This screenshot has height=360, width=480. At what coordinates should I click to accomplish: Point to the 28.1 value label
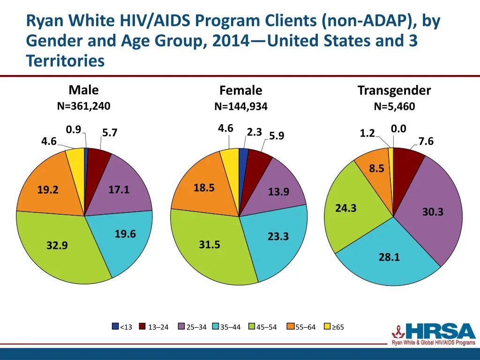coord(390,257)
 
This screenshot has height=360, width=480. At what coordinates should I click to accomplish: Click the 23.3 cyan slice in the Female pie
coord(277,244)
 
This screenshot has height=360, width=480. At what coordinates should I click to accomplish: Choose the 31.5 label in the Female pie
coord(209,245)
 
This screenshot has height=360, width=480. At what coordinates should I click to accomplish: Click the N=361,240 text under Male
coord(83,106)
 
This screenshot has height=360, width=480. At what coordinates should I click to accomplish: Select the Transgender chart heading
coord(394,90)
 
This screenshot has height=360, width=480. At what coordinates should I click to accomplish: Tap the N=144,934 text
coord(240,107)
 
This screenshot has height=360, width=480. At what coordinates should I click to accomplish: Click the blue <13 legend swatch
coord(115,327)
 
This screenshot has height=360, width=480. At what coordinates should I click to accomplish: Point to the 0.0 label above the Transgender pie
coord(398,129)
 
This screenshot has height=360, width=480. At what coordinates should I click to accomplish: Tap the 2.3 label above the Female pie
coord(254,132)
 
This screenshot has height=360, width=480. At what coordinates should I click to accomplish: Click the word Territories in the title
coord(65,61)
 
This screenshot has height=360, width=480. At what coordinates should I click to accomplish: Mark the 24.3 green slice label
coord(346,209)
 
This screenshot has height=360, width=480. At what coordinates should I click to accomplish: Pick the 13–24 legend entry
coord(154,327)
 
